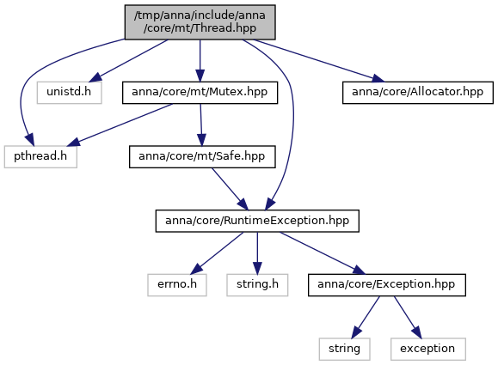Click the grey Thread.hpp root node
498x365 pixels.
tap(200, 22)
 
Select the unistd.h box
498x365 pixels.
tap(69, 93)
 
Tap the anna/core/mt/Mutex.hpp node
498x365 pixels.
tap(200, 93)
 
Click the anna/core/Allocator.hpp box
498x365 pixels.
tap(418, 93)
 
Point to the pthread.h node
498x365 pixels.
tap(40, 156)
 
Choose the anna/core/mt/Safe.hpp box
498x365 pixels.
tap(202, 156)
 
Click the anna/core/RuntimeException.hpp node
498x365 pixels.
tap(257, 221)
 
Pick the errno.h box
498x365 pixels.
tap(177, 285)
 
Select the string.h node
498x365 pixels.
tap(257, 285)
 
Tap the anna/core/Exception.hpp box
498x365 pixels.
tap(387, 285)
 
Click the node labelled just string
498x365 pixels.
tap(345, 350)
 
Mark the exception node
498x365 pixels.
tap(428, 350)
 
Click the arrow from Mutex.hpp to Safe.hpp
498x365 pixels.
tap(201, 125)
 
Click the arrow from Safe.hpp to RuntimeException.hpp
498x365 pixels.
tap(230, 189)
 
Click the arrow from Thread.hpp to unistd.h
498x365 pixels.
tap(128, 61)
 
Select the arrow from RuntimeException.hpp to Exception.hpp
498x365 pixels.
tap(323, 253)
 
